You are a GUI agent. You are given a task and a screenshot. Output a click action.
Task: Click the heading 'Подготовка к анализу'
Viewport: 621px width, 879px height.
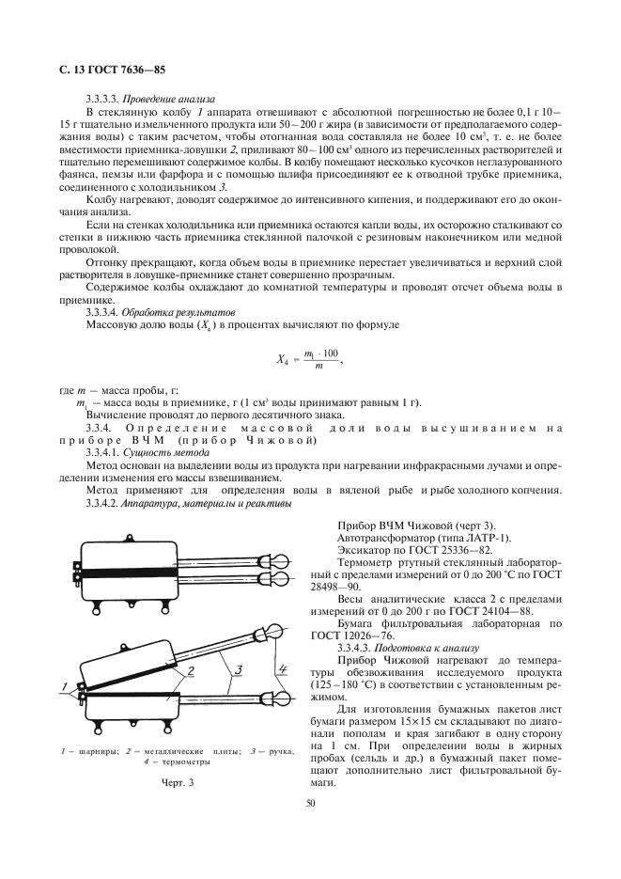(427, 648)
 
